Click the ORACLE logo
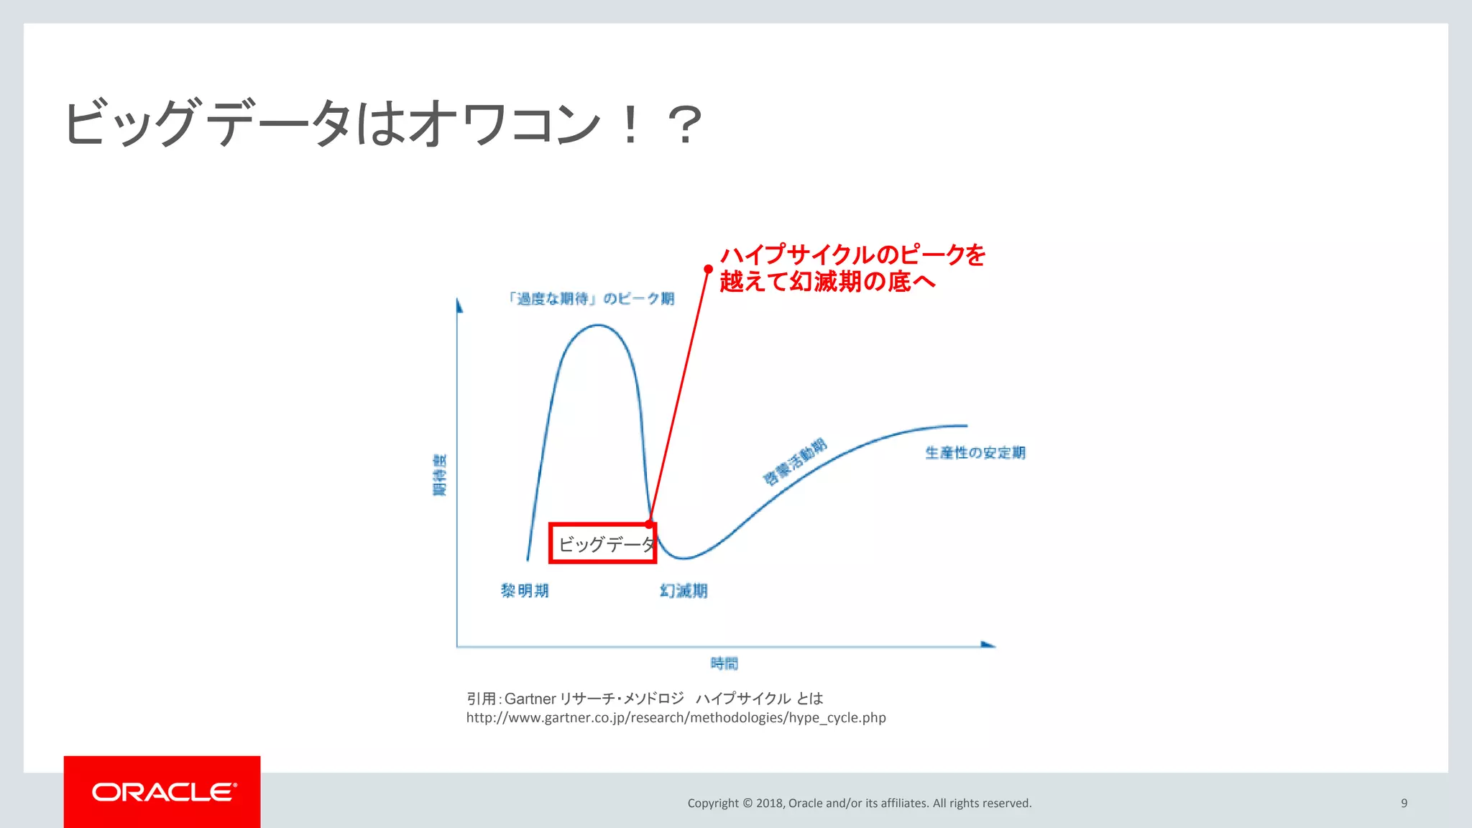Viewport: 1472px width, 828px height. tap(163, 791)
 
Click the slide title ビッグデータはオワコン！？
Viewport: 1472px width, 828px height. tap(383, 124)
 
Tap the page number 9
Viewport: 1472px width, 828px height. tap(1404, 803)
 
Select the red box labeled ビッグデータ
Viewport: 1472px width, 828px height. tap(602, 543)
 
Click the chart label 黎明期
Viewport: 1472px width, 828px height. tap(525, 591)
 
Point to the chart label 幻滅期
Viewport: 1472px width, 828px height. tap(684, 591)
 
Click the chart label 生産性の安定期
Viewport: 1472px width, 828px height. tap(975, 453)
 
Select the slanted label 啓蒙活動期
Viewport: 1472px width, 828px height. tap(794, 461)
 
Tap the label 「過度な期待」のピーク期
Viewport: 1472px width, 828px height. tap(591, 298)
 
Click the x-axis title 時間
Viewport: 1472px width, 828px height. tap(724, 663)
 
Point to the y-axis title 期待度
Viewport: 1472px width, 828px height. tap(439, 474)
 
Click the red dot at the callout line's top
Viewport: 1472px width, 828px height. tap(708, 269)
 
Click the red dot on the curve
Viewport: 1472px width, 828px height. tap(650, 523)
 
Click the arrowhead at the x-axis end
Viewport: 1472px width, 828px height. tap(988, 645)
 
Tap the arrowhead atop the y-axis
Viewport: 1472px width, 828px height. tap(459, 305)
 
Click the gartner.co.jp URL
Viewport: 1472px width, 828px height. tap(676, 717)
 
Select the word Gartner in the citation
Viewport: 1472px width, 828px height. tap(530, 699)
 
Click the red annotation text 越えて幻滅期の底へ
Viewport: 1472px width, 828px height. tap(827, 281)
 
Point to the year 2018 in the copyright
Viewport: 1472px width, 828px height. tap(769, 803)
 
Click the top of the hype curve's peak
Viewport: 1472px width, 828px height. tap(598, 326)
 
